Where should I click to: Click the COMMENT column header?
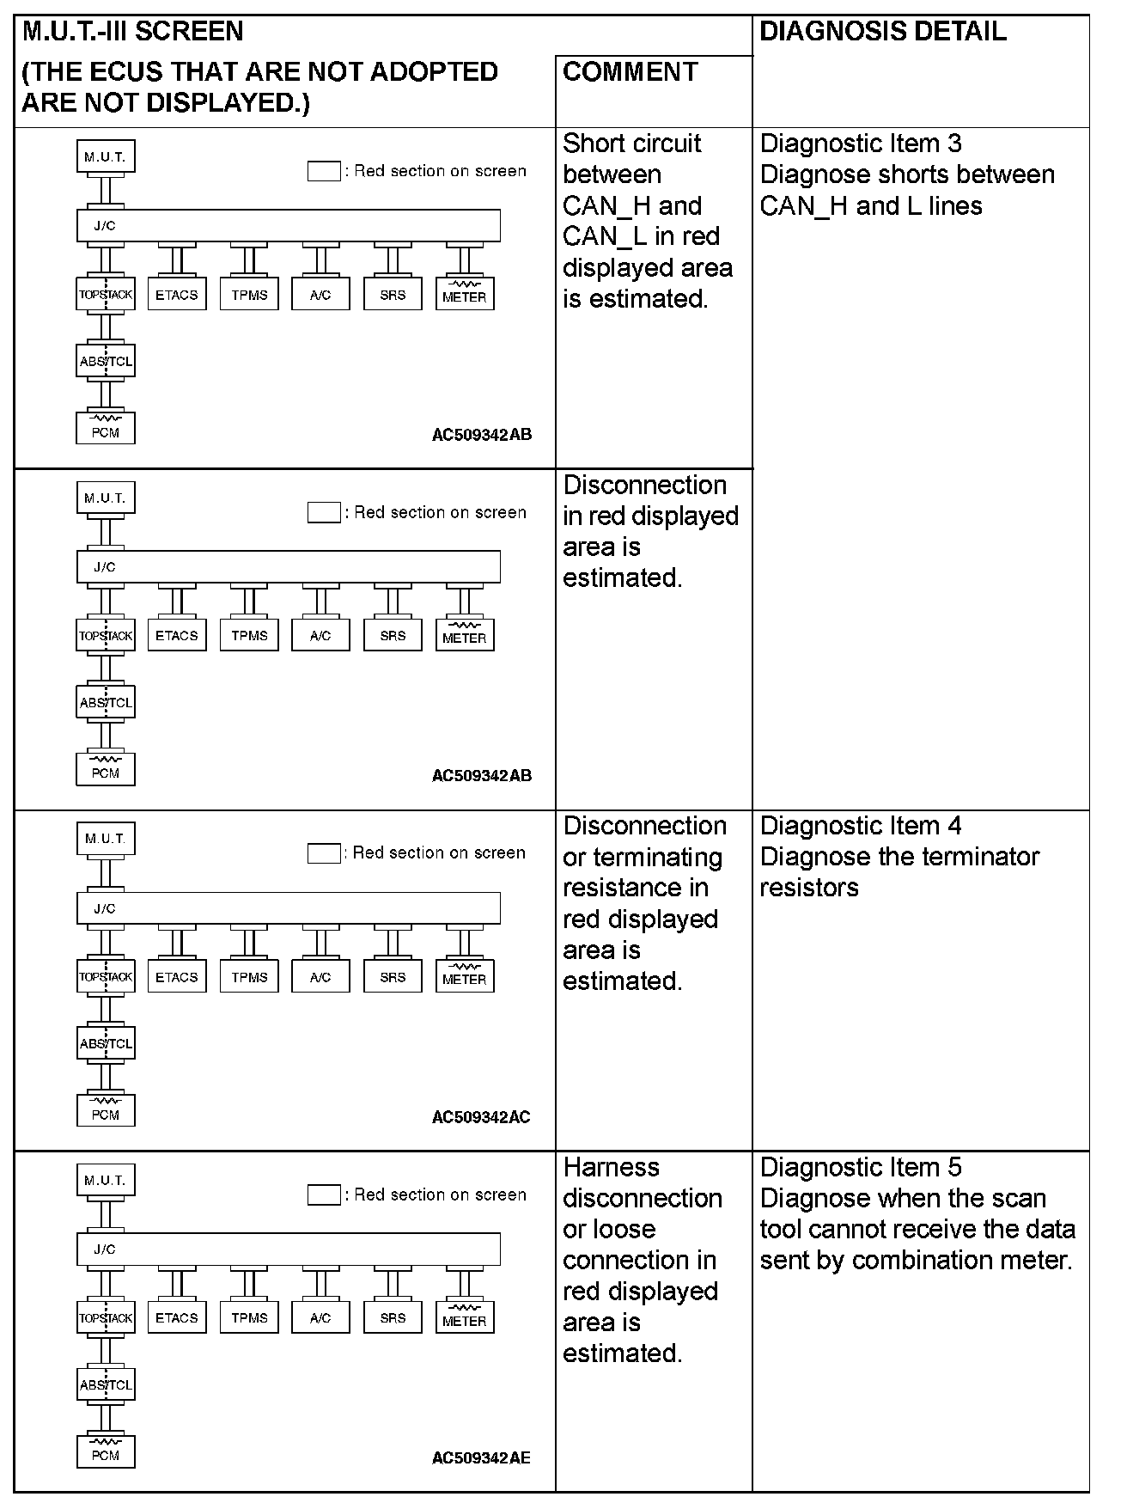pos(630,72)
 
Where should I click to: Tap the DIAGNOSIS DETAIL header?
pos(883,33)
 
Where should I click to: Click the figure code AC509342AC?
pos(481,1117)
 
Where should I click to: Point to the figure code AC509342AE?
pos(481,1457)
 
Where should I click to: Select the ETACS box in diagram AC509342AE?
pos(177,1317)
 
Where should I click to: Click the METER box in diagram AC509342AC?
pos(465,976)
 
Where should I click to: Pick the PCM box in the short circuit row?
pos(106,428)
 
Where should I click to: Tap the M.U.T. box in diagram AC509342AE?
pos(106,1181)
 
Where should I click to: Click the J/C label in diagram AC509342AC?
pos(105,908)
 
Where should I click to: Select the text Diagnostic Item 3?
pos(861,144)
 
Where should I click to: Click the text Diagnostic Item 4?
pos(861,826)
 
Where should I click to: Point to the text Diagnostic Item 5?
pos(861,1167)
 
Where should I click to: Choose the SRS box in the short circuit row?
pos(393,294)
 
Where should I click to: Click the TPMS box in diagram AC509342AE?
pos(249,1317)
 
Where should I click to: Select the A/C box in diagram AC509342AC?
pos(320,976)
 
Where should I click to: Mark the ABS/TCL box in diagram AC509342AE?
pos(106,1384)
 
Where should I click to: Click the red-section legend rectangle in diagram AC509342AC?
pos(324,853)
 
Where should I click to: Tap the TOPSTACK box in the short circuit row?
pos(106,294)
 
